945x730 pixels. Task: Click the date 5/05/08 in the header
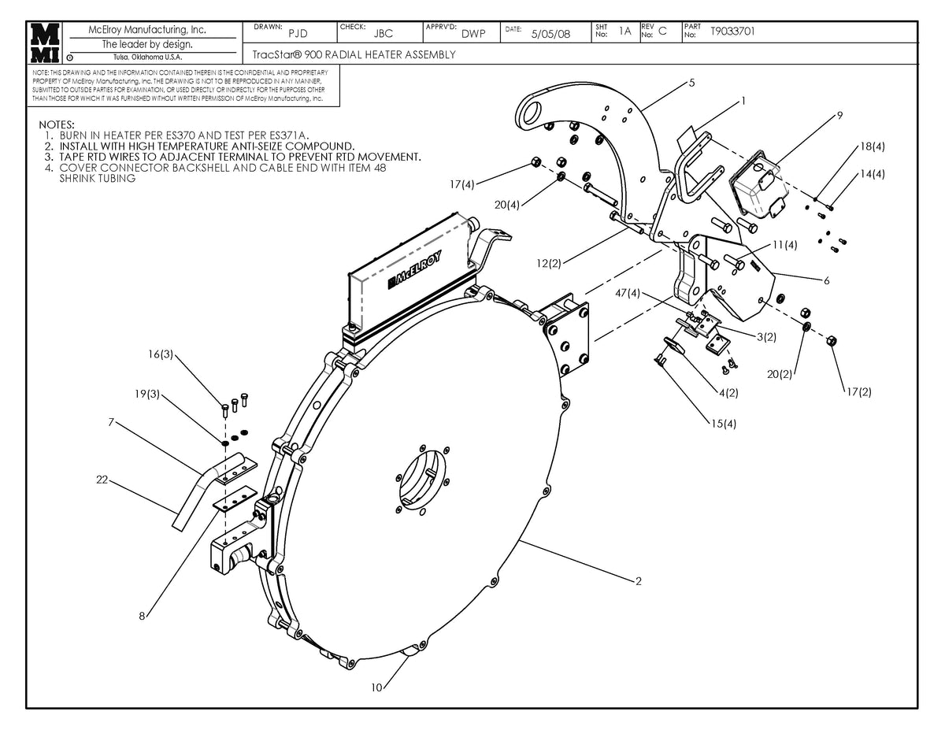[x=551, y=34]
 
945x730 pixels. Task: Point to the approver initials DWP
[x=472, y=34]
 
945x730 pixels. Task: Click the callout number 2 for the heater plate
[x=639, y=582]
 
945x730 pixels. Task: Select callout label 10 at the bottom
[x=376, y=687]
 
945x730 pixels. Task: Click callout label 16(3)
[x=160, y=355]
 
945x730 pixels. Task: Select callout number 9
[x=839, y=115]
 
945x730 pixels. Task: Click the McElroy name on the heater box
[x=415, y=269]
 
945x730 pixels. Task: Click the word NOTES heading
[x=56, y=125]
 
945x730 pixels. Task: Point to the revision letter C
[x=662, y=31]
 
